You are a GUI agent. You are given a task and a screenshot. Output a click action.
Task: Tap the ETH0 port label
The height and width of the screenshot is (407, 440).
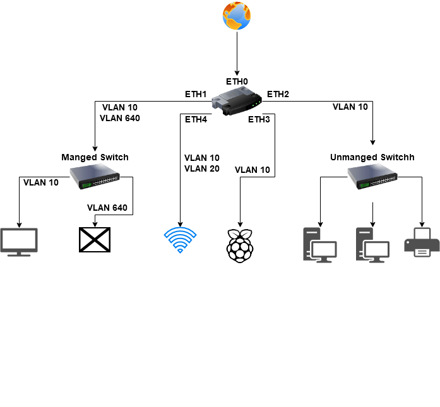pyautogui.click(x=237, y=82)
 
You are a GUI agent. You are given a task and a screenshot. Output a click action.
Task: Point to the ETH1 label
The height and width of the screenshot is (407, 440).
pyautogui.click(x=196, y=94)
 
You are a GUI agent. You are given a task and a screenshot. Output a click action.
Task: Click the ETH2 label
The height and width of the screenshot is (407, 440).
pyautogui.click(x=278, y=94)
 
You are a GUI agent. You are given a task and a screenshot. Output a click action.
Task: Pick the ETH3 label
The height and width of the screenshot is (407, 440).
pyautogui.click(x=259, y=119)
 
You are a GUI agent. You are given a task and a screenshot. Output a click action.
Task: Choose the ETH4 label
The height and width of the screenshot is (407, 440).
pyautogui.click(x=196, y=119)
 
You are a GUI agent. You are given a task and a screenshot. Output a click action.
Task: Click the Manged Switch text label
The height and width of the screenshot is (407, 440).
pyautogui.click(x=95, y=157)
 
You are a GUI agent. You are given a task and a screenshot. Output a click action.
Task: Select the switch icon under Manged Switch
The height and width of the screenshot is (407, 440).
pyautogui.click(x=95, y=177)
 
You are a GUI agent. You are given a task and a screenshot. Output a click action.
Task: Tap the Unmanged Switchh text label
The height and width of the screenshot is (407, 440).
pyautogui.click(x=372, y=157)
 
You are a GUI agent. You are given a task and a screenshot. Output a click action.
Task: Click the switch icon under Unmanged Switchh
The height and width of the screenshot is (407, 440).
pyautogui.click(x=372, y=177)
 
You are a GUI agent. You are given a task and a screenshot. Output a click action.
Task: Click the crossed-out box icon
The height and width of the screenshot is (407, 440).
pyautogui.click(x=95, y=240)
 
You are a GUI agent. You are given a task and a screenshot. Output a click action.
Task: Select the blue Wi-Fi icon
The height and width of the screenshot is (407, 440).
pyautogui.click(x=181, y=240)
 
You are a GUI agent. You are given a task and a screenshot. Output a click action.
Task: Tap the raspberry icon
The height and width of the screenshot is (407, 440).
pyautogui.click(x=239, y=242)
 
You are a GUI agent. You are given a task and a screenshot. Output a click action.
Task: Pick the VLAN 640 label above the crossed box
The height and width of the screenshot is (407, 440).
pyautogui.click(x=107, y=208)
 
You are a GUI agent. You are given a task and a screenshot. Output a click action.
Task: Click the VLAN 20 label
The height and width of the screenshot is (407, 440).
pyautogui.click(x=202, y=168)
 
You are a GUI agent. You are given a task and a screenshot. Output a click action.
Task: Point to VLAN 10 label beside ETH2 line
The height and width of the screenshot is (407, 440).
pyautogui.click(x=350, y=107)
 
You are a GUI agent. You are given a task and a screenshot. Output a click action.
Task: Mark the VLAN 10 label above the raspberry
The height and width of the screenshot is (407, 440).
pyautogui.click(x=253, y=170)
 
